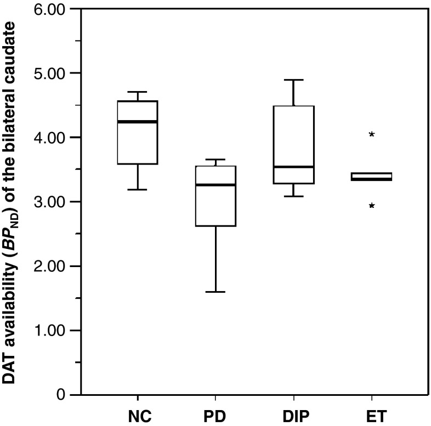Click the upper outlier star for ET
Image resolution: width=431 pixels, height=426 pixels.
click(x=372, y=134)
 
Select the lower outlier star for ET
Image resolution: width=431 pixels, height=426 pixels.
click(x=372, y=206)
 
